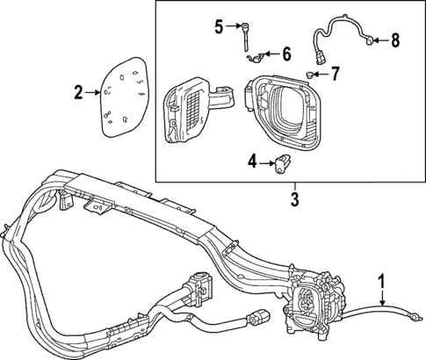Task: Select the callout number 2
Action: (78, 92)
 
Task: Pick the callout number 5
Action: (218, 26)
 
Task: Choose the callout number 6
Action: (285, 54)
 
